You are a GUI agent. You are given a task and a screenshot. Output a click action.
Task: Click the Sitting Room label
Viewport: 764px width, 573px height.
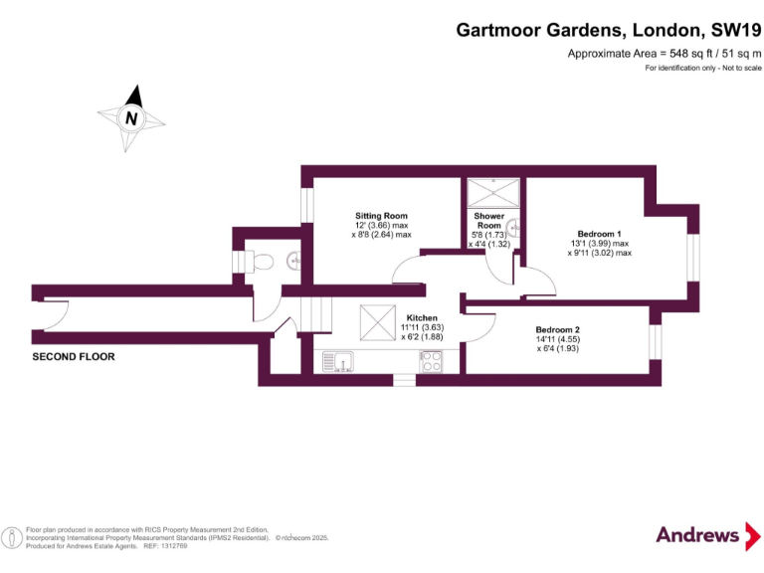(381, 216)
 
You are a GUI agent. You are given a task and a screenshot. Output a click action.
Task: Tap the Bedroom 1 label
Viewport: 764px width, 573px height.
(599, 234)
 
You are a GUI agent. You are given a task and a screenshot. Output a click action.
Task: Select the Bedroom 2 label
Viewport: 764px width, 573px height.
(557, 330)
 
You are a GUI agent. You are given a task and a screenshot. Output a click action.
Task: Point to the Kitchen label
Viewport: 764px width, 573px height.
(422, 318)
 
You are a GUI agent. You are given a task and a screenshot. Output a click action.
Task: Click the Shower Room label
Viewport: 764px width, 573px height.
(488, 221)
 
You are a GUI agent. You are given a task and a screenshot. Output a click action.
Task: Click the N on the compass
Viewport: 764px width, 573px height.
(130, 118)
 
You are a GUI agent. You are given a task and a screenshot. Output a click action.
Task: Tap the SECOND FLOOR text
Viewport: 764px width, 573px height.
(74, 356)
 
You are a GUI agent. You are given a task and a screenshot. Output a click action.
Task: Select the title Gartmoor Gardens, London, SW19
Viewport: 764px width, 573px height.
(609, 30)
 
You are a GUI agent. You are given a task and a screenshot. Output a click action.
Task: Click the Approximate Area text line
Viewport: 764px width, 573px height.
(664, 53)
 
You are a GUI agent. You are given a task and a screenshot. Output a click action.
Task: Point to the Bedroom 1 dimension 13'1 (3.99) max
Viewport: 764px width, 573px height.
(600, 244)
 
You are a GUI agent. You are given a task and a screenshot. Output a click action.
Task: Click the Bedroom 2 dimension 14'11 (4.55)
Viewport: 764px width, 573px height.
(557, 339)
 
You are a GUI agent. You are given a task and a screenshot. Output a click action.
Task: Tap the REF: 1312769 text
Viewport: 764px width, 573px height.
(167, 546)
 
